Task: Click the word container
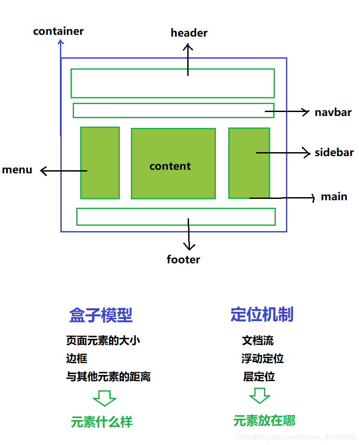(x=58, y=31)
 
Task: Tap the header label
(x=189, y=33)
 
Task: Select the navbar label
(x=333, y=112)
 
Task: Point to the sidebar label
(x=334, y=153)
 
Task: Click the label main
(x=334, y=197)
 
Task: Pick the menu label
(x=17, y=170)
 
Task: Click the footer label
(x=183, y=260)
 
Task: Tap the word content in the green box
(x=170, y=166)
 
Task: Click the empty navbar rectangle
(x=167, y=111)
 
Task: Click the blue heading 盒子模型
(x=101, y=315)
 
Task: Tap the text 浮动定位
(x=263, y=359)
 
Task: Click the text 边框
(x=77, y=359)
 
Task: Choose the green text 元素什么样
(x=102, y=422)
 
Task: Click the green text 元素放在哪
(x=264, y=421)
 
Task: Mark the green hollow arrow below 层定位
(x=260, y=396)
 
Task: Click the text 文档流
(x=258, y=340)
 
